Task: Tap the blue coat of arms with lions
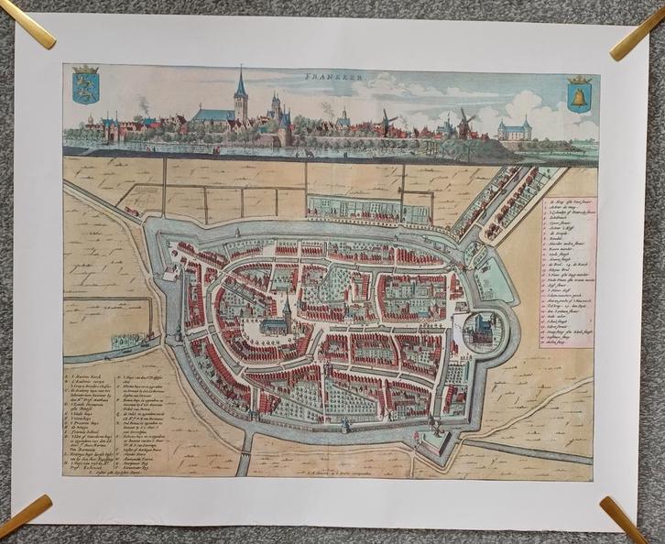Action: pos(85,84)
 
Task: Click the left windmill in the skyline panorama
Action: pos(387,120)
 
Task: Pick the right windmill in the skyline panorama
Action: pos(464,121)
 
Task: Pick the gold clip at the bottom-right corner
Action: pos(625,518)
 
